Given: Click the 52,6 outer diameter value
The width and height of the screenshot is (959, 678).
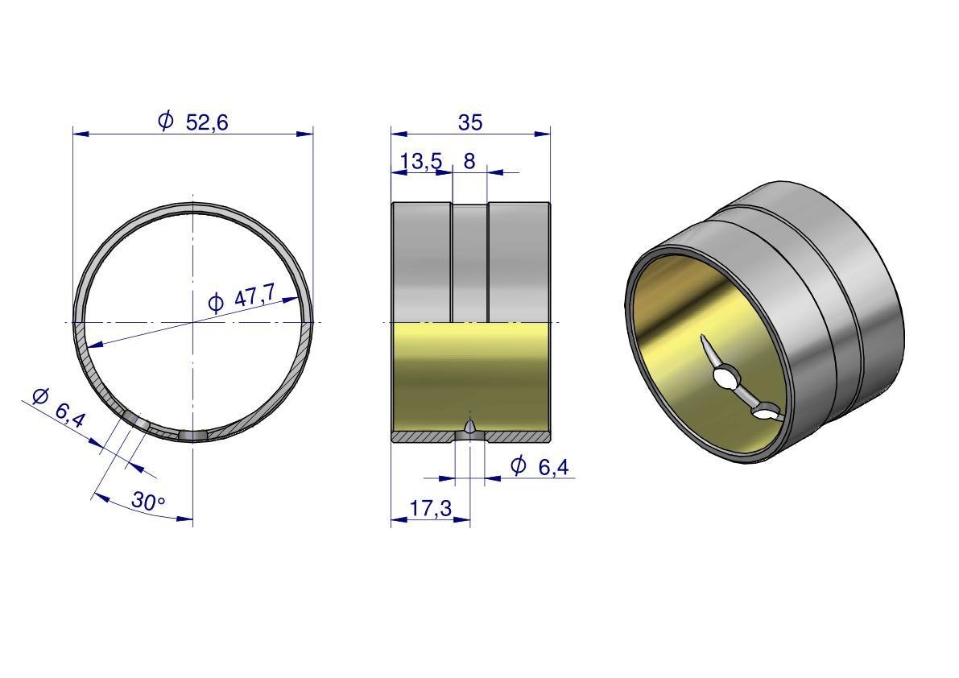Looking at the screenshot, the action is pyautogui.click(x=207, y=122).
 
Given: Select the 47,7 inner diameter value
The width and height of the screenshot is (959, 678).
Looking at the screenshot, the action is pyautogui.click(x=254, y=299).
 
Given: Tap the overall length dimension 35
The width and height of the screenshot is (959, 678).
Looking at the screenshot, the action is pyautogui.click(x=470, y=122).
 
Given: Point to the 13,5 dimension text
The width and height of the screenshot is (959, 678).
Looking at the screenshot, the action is pyautogui.click(x=421, y=161).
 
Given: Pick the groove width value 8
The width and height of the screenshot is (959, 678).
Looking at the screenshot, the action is pyautogui.click(x=469, y=161).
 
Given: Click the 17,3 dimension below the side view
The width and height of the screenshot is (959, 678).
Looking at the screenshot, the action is pyautogui.click(x=431, y=508).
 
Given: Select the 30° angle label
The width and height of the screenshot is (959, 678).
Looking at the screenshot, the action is pyautogui.click(x=148, y=502).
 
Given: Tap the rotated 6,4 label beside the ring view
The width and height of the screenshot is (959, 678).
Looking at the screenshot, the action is pyautogui.click(x=70, y=415).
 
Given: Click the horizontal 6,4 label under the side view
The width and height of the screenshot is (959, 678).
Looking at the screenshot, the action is pyautogui.click(x=553, y=467).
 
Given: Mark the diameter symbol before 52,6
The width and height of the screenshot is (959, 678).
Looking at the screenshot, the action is pyautogui.click(x=166, y=121).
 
